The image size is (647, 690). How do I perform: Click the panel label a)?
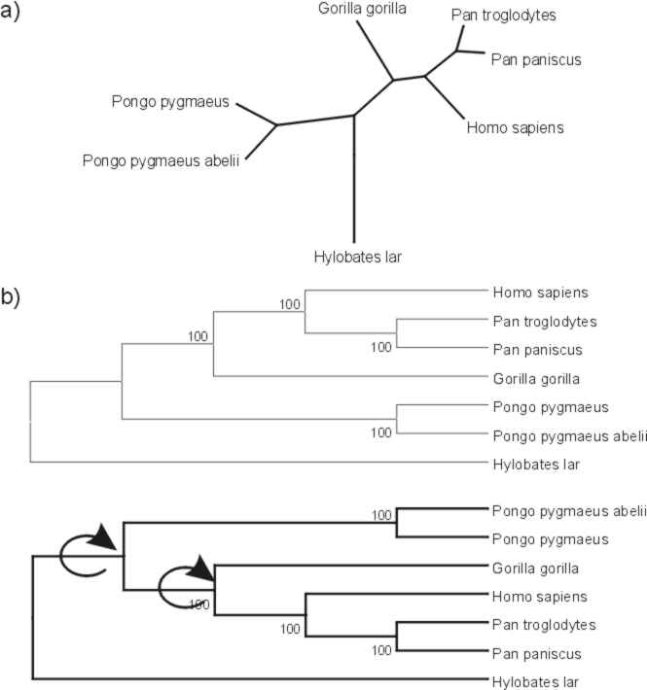click(x=10, y=12)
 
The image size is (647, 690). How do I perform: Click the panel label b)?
click(x=10, y=297)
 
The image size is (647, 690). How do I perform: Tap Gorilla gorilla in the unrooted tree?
click(x=362, y=9)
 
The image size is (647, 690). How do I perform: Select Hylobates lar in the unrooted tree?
click(x=358, y=257)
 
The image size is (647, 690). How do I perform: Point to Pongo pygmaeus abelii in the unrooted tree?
click(x=161, y=160)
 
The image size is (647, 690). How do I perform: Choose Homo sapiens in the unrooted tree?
click(x=516, y=128)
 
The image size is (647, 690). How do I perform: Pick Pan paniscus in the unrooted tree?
click(x=536, y=60)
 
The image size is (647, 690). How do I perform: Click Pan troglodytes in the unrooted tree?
click(x=503, y=16)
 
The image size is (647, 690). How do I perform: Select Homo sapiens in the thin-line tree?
click(x=540, y=293)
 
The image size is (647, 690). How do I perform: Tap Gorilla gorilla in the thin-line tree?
click(x=536, y=379)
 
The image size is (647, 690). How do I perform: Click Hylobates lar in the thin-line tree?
click(x=536, y=465)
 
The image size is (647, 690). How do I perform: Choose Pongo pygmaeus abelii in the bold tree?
click(x=569, y=511)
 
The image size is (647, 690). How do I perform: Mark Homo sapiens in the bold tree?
click(x=540, y=597)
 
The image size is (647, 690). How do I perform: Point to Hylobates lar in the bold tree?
click(x=535, y=682)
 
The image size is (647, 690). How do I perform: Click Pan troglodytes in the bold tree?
click(x=544, y=625)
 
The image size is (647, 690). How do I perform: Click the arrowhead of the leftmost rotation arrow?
click(x=103, y=536)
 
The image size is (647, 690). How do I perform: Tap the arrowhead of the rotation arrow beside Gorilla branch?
click(x=202, y=568)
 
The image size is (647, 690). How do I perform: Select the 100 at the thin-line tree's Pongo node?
click(x=381, y=433)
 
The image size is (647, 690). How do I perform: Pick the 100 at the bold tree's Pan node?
click(x=381, y=650)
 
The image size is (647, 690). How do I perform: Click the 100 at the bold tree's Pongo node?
click(x=381, y=515)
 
